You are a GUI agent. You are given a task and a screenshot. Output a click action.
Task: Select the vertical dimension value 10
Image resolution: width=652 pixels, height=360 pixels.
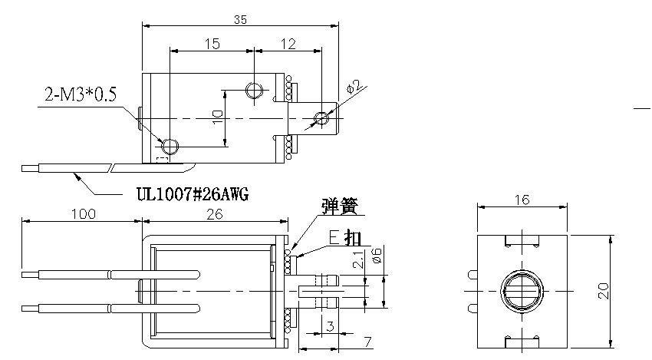[x=217, y=117]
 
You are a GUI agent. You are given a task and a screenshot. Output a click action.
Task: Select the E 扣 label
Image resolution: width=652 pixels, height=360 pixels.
[x=345, y=237]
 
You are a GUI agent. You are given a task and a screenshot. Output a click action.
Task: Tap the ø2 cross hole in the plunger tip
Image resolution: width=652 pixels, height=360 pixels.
[x=321, y=118]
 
